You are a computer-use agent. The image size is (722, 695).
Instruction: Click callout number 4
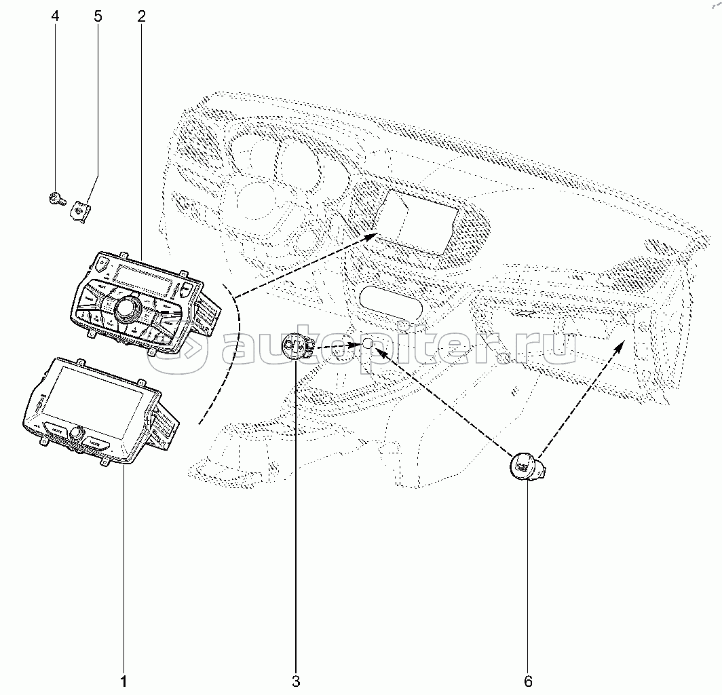[55, 16]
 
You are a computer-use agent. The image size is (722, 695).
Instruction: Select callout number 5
[98, 16]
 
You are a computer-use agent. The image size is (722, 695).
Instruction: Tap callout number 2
[141, 16]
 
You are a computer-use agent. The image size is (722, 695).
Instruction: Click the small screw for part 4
[55, 199]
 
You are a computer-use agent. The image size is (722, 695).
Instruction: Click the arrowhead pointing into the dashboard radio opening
[372, 235]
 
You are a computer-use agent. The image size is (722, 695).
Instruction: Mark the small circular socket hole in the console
[367, 344]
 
